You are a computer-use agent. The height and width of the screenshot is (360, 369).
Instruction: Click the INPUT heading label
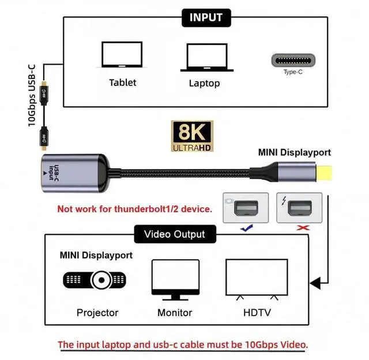click(206, 17)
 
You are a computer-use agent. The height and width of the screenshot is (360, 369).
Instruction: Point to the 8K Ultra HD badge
click(192, 137)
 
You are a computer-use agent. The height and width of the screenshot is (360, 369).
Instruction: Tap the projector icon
click(95, 280)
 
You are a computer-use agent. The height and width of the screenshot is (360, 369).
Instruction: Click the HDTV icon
click(256, 279)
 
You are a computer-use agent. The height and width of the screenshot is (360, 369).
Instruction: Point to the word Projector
click(97, 313)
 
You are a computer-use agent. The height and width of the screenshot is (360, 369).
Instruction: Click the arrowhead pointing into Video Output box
click(315, 283)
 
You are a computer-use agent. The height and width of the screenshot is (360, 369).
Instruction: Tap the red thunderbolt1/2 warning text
click(134, 208)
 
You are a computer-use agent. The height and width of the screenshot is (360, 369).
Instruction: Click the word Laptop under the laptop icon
click(204, 83)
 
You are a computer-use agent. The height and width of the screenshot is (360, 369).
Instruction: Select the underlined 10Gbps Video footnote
click(183, 345)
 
